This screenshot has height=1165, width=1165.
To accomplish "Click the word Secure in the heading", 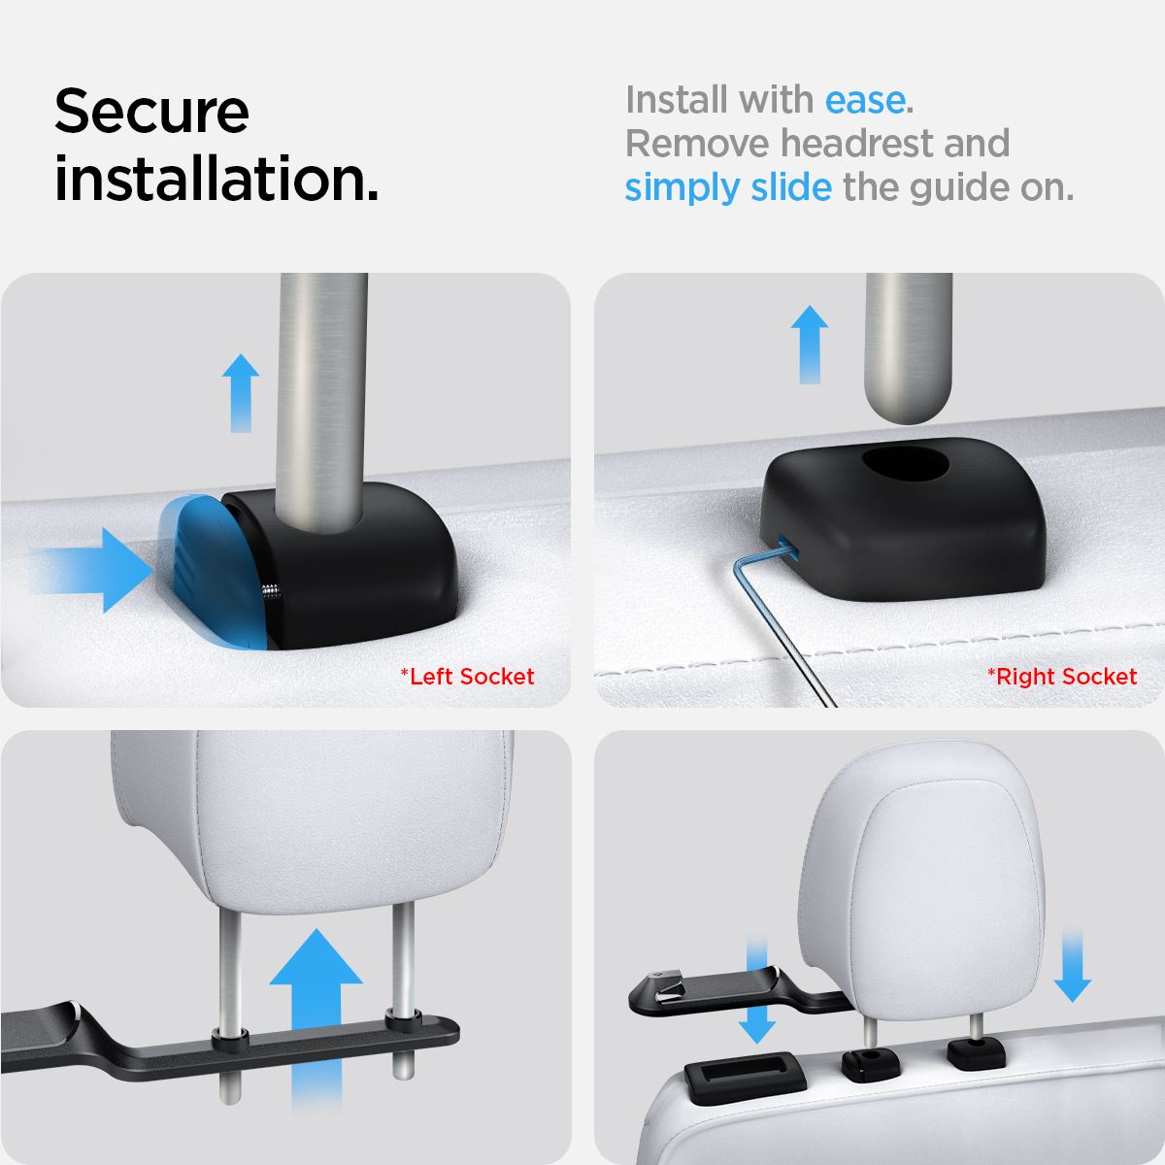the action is click(x=151, y=112).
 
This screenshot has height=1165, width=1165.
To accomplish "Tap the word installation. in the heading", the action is click(x=216, y=179).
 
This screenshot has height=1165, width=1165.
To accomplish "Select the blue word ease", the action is click(x=865, y=100).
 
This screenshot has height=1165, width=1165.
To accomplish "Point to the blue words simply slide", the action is click(x=728, y=188).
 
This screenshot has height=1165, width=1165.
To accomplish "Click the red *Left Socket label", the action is click(x=467, y=677).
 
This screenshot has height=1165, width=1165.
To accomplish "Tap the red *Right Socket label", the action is click(x=1062, y=677).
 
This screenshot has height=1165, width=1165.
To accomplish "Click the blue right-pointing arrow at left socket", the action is click(x=94, y=570).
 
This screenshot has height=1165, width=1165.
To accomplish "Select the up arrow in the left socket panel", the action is click(x=241, y=393).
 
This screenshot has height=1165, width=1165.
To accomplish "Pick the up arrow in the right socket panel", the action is click(x=810, y=345).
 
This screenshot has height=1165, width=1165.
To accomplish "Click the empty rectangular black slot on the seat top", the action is click(x=745, y=1077).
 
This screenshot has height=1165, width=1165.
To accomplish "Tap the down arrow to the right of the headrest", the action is click(x=1073, y=967).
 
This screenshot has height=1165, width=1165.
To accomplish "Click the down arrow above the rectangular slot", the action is click(x=757, y=991).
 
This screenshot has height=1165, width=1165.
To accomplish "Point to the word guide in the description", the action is click(x=959, y=188).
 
